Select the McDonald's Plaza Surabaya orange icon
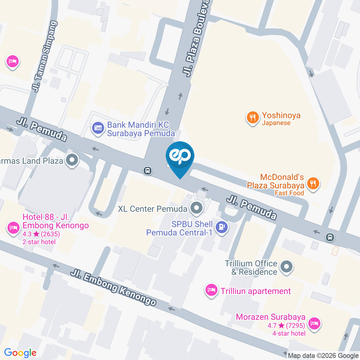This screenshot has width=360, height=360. click(313, 183)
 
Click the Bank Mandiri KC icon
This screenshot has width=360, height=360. click(98, 128)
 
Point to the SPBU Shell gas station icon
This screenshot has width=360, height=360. click(222, 227)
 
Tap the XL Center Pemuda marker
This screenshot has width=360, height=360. click(196, 208)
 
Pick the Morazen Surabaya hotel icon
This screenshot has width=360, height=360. click(313, 323)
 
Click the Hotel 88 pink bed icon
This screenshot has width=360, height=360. click(13, 228)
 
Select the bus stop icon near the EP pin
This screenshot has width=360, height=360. click(148, 171)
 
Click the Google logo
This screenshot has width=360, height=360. click(20, 353)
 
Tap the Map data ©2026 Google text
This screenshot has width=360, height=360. click(323, 355)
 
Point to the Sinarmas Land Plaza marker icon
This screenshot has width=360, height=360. click(71, 160)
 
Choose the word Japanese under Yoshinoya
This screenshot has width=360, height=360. click(276, 123)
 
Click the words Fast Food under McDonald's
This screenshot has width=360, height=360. click(289, 193)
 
